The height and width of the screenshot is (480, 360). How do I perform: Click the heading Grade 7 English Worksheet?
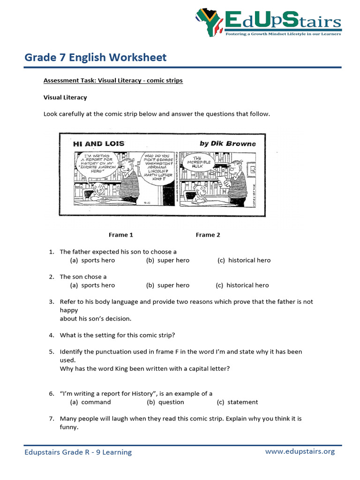pos(95,58)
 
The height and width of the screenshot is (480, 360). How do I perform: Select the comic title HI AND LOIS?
pos(99,143)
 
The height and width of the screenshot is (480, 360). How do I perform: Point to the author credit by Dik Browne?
pos(228,143)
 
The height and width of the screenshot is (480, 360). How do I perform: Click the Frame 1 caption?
pos(121,235)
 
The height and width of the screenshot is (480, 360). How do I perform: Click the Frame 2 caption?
pos(208,235)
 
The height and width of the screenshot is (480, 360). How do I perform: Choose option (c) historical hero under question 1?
pos(244,260)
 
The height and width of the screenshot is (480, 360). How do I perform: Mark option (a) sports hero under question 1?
pos(92,260)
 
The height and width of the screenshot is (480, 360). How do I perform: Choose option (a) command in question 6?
pos(90,402)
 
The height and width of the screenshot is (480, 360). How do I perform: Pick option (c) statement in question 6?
pos(237,402)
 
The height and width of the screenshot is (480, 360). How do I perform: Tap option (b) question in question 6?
pos(165,402)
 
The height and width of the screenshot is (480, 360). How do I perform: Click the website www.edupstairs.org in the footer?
pos(300,451)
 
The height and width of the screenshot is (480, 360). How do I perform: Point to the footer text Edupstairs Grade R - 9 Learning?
pos(78,452)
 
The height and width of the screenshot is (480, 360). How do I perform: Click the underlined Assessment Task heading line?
pos(113,81)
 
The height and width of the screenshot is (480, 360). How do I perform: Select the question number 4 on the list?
pos(52,335)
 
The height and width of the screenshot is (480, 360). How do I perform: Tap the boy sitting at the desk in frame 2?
pos(201,192)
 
